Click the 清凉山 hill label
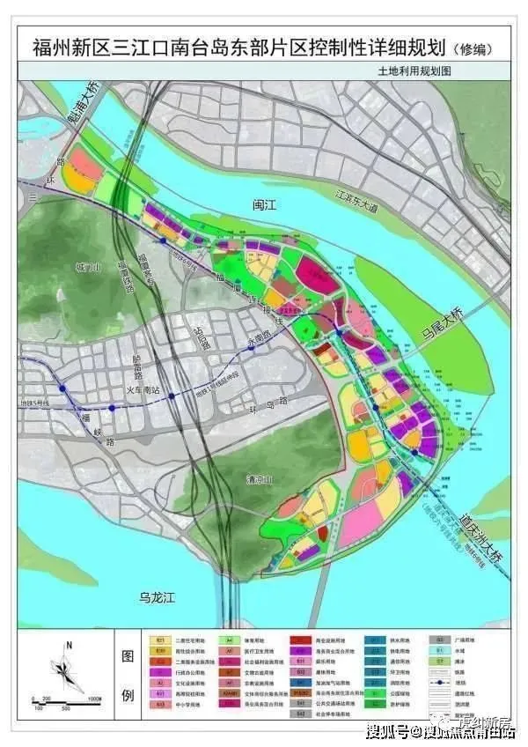[257, 481]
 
